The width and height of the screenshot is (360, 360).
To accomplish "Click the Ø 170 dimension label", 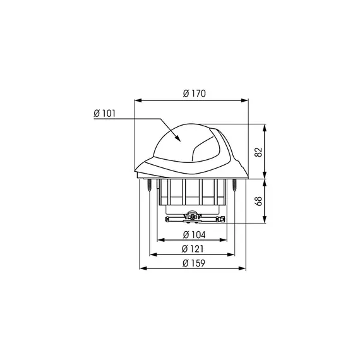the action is point(195,93).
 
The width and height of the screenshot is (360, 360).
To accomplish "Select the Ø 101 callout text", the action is point(104,114).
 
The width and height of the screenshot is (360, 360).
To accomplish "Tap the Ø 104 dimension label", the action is point(195,235).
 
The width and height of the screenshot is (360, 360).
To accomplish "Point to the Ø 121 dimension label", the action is point(193,249).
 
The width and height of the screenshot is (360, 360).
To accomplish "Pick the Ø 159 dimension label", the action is point(193,263).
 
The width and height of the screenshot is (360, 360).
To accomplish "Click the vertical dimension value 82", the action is point(258,152).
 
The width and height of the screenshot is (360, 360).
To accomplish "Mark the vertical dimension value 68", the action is point(258,201).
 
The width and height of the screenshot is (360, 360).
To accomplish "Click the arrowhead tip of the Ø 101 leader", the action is point(180,140).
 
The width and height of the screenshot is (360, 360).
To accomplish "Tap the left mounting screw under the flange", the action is point(149,185).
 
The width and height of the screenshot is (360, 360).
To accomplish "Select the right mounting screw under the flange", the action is point(234,185).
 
